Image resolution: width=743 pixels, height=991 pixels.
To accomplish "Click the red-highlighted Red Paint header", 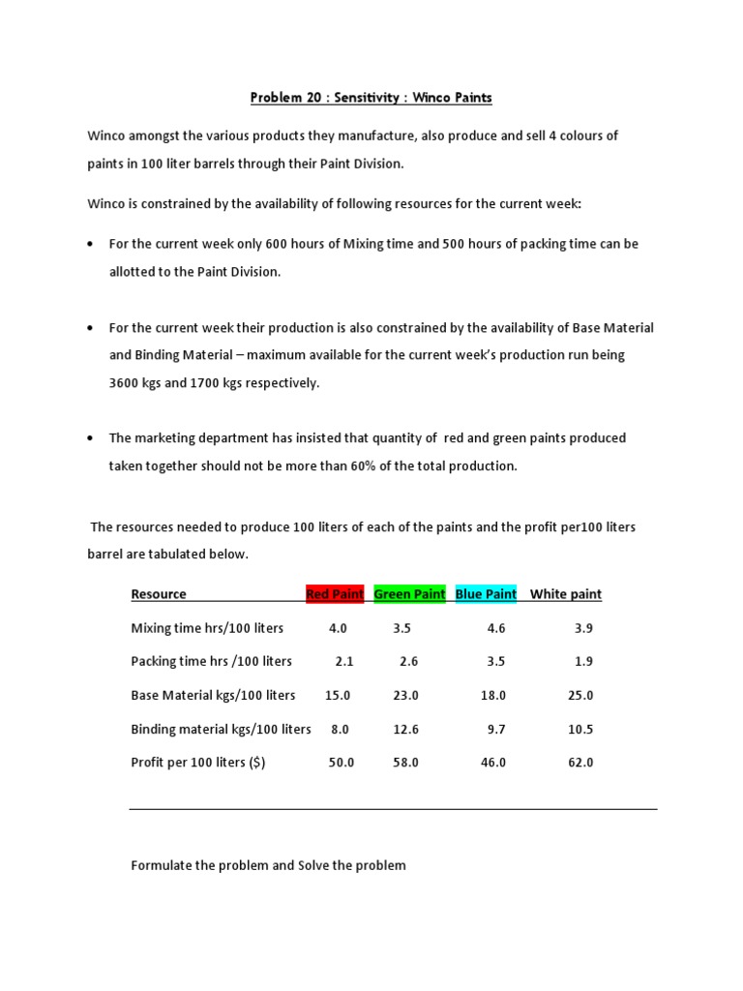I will (335, 594).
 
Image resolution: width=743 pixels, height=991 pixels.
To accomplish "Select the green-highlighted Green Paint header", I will (409, 594).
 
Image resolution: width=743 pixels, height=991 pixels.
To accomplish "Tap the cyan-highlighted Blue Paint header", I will (486, 594).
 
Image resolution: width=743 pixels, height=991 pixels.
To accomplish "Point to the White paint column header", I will (565, 594).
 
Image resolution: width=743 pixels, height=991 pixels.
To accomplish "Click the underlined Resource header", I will (159, 594).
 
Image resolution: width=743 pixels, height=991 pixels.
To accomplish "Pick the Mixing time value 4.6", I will (496, 628).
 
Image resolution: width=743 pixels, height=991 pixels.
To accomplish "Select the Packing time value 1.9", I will (582, 662).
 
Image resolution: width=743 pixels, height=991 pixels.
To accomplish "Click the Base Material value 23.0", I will (406, 696).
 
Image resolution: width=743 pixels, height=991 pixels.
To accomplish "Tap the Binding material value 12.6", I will (406, 730).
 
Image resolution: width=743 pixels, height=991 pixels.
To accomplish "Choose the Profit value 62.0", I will (580, 763).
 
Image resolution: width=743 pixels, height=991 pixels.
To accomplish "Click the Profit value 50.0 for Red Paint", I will (342, 763).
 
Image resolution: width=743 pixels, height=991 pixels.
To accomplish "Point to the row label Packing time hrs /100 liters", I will (211, 662).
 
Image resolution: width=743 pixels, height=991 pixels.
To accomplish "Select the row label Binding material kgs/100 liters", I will (221, 730).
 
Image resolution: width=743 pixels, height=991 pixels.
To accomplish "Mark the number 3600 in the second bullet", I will (125, 383).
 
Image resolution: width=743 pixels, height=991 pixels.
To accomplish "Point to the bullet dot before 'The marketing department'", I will (90, 438).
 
